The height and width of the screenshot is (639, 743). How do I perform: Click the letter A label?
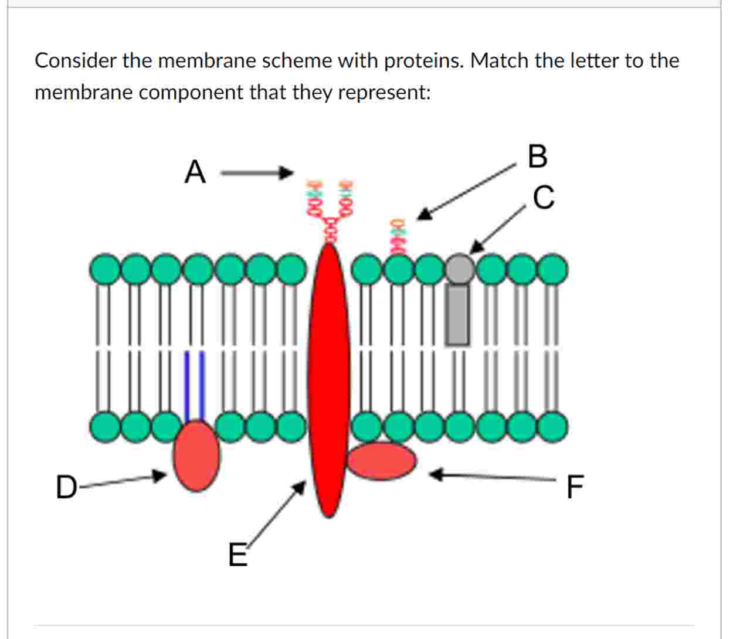click(x=195, y=172)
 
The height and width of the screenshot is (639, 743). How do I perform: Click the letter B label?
click(x=537, y=157)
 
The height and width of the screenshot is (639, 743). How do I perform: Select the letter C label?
click(x=544, y=197)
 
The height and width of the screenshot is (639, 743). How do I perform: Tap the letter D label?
click(x=66, y=487)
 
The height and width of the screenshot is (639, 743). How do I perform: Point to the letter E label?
click(x=237, y=555)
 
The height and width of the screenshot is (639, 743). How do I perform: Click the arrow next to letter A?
click(x=256, y=172)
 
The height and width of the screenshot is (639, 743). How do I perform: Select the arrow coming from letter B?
click(x=466, y=192)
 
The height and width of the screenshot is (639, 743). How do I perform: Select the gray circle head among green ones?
click(x=460, y=268)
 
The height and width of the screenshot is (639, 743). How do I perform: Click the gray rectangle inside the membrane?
click(x=458, y=315)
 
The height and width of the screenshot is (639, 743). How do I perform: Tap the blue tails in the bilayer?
click(x=195, y=385)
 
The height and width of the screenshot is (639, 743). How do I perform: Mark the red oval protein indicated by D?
click(x=196, y=456)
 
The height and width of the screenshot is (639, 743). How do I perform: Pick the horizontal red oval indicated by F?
click(x=382, y=461)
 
